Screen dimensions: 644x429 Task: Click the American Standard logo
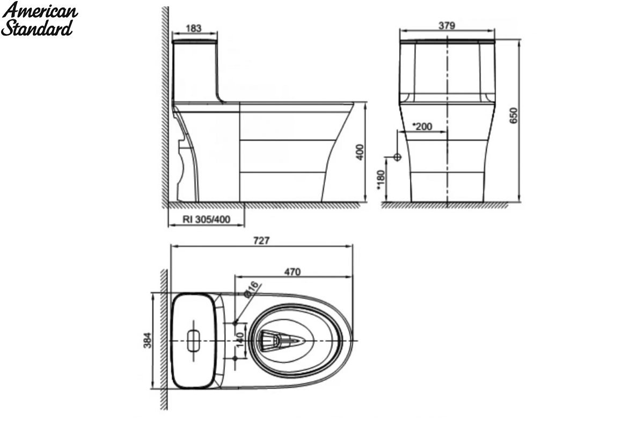click(x=39, y=19)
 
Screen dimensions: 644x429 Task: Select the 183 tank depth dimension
click(x=194, y=28)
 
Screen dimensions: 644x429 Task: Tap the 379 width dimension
click(x=447, y=26)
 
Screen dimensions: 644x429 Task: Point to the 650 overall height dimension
click(x=513, y=115)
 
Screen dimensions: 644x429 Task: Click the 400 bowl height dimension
click(x=360, y=152)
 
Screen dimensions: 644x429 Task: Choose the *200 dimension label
click(x=422, y=127)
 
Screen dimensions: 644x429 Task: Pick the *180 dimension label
click(x=380, y=180)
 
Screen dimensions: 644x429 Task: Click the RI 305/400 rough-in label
click(x=207, y=219)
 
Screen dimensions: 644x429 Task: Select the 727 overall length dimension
click(x=261, y=240)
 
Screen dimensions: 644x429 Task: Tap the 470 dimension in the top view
click(x=292, y=272)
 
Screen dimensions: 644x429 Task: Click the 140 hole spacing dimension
click(x=240, y=340)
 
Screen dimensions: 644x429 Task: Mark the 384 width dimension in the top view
click(x=147, y=341)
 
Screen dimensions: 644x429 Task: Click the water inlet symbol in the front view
click(x=397, y=157)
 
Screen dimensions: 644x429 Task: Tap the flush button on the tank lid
click(x=194, y=341)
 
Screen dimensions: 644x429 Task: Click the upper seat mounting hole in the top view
click(x=235, y=323)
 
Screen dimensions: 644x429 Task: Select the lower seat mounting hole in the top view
click(x=235, y=358)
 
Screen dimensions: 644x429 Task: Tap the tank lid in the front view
click(x=448, y=42)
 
